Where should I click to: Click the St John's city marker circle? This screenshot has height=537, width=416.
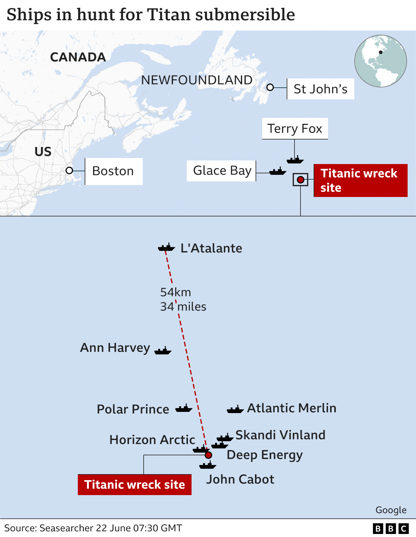(270, 87)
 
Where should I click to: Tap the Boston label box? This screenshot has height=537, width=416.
(113, 171)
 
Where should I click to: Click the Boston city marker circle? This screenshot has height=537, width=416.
(69, 171)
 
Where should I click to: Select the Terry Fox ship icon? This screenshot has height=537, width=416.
(295, 160)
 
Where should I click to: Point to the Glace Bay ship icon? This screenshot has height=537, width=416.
(278, 172)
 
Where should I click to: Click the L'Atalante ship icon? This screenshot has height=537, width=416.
(166, 248)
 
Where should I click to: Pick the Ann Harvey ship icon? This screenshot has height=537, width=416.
(163, 351)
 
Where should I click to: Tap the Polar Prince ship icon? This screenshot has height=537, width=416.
(184, 408)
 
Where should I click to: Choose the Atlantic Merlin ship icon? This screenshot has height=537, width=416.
(235, 409)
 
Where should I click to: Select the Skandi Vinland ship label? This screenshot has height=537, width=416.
(280, 435)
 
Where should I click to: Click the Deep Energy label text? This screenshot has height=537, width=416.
(265, 455)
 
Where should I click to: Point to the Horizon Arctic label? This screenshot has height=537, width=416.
(152, 440)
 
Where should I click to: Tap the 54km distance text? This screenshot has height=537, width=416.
(175, 292)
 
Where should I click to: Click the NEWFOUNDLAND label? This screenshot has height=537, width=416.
(197, 80)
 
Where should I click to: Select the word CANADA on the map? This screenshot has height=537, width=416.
(78, 57)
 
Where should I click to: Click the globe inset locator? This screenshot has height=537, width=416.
(380, 61)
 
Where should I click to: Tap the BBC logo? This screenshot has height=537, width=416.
(391, 529)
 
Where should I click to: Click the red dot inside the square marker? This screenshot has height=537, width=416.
(300, 180)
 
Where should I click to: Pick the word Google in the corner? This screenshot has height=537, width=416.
(391, 510)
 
